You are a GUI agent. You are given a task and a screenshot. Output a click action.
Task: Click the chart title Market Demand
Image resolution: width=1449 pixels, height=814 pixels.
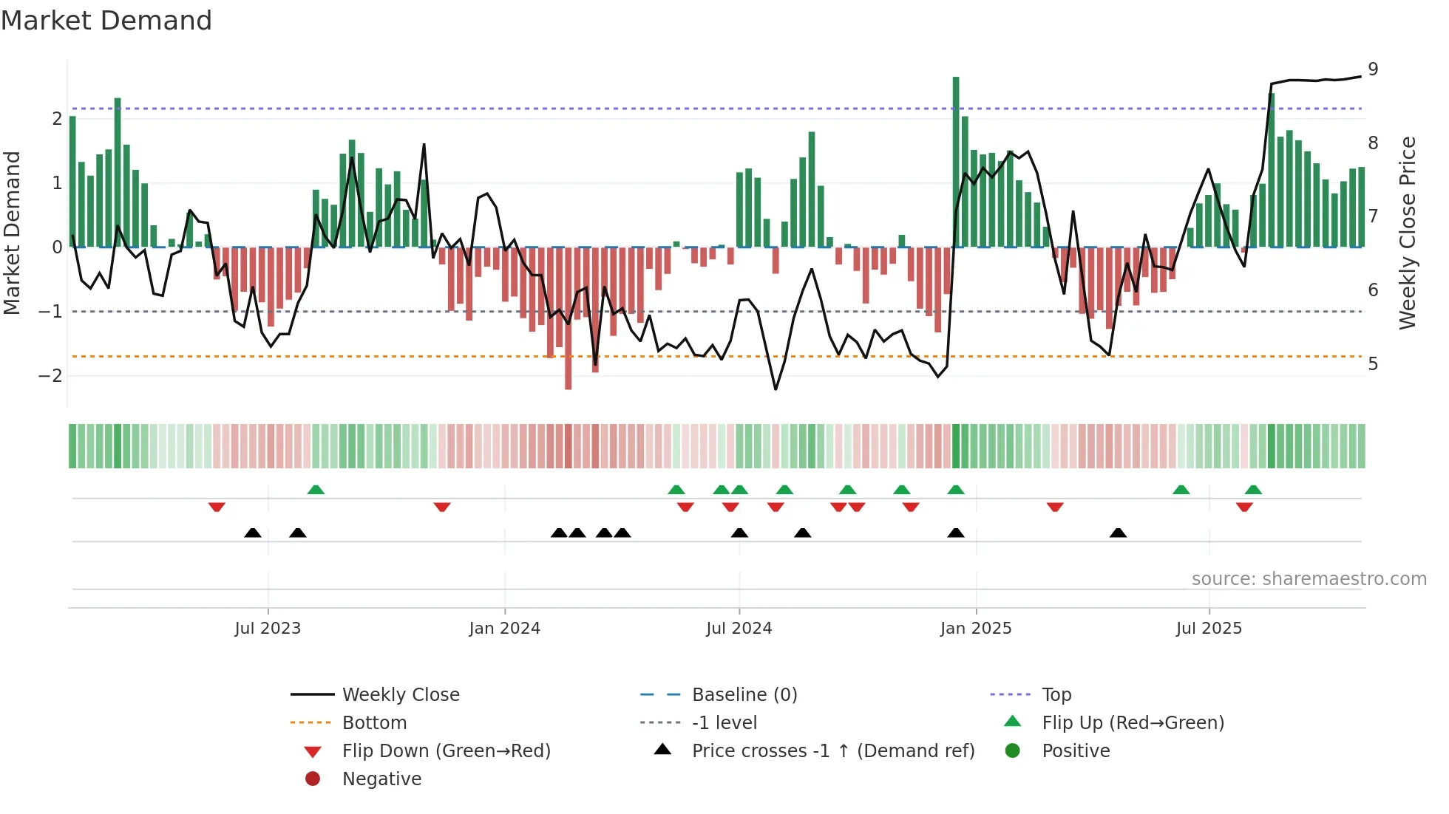[106, 21]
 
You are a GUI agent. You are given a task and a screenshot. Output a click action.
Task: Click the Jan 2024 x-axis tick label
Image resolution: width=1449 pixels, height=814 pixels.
[504, 629]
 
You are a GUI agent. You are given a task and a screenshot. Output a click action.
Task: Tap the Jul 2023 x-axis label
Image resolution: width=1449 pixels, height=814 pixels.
[268, 629]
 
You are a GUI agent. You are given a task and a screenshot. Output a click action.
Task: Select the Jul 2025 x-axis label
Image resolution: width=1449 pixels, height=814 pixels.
[1209, 629]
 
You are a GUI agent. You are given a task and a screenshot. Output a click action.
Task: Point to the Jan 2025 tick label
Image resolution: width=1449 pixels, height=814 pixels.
[975, 629]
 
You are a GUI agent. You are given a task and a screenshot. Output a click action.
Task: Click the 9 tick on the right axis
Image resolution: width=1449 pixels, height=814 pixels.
[1373, 69]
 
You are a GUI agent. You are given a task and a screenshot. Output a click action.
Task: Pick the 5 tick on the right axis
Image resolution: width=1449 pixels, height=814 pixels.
[1373, 364]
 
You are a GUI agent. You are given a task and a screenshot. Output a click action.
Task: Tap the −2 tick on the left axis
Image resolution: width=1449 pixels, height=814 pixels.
[51, 376]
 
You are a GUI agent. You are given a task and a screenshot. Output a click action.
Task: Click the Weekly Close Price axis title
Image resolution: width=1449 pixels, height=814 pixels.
[1408, 233]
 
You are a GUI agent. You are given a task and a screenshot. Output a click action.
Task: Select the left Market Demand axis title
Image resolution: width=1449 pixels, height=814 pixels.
[12, 233]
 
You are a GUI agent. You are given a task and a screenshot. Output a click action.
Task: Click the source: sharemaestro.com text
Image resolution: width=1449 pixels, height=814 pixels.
[1309, 579]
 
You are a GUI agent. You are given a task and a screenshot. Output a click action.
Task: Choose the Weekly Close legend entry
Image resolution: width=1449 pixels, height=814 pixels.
[400, 695]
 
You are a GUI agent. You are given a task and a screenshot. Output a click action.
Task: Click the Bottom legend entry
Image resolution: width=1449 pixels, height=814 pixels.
[374, 723]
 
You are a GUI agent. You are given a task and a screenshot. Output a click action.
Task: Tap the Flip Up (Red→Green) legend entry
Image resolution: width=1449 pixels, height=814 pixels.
[1133, 723]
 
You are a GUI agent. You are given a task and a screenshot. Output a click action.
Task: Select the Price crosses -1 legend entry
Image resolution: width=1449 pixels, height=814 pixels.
[832, 751]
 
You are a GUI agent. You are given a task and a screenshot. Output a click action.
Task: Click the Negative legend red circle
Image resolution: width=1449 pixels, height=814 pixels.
[313, 779]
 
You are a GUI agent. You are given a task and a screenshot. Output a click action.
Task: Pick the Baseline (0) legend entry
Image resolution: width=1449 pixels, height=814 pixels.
[744, 695]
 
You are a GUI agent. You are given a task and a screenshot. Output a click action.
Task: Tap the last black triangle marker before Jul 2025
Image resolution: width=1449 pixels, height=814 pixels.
[1118, 533]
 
